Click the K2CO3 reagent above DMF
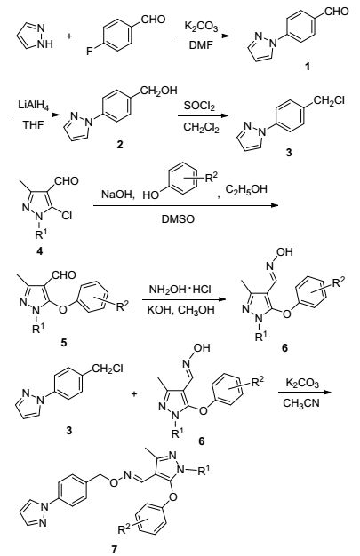coord(201,27)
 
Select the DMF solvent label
coord(201,45)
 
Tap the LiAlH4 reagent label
coord(34,106)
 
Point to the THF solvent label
coord(34,124)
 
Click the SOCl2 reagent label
coord(199,106)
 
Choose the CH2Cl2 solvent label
coord(201,127)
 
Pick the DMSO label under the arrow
coord(179,219)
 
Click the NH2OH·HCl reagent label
coord(180,290)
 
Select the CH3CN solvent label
coord(301,403)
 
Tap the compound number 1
coord(308,66)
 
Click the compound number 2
coord(120,144)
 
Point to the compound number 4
coord(39,251)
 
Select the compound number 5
coord(64,343)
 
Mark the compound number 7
coord(114,550)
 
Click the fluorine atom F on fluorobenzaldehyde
coord(89,52)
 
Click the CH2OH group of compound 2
coord(158,91)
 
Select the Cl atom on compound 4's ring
coord(67,215)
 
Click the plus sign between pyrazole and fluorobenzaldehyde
coord(69,36)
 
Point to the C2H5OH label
coord(245,190)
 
